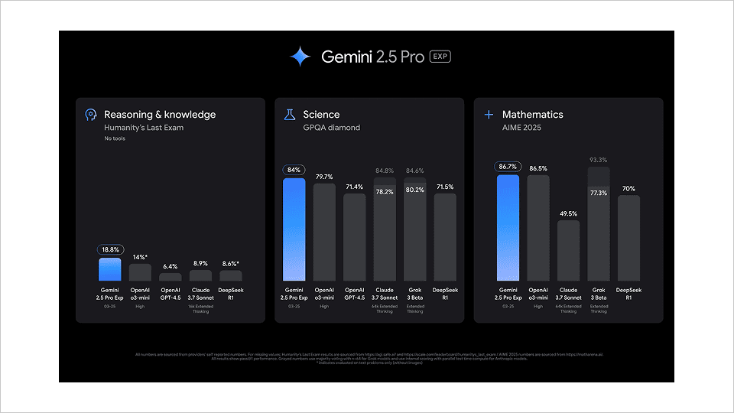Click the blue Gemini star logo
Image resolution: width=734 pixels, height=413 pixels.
[x=300, y=57]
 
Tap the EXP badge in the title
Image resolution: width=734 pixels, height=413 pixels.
[x=440, y=57]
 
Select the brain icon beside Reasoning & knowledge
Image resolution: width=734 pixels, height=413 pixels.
[x=90, y=115]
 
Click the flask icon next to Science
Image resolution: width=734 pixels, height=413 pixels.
[x=289, y=115]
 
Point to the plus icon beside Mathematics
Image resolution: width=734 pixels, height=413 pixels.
[x=489, y=115]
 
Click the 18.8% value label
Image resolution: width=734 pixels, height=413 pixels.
[x=110, y=249]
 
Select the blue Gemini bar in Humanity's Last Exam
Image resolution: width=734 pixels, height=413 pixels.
[x=110, y=269]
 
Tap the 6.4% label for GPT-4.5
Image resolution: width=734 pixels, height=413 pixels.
[x=171, y=266]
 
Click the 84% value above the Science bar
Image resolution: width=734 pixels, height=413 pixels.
[x=294, y=170]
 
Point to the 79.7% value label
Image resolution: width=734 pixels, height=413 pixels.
[x=324, y=176]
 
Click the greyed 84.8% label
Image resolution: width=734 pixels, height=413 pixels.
[x=385, y=171]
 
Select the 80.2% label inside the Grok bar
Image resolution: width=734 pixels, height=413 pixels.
[x=414, y=190]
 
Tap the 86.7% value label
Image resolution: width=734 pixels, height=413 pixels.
[x=508, y=166]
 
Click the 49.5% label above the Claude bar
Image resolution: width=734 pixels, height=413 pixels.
[x=568, y=214]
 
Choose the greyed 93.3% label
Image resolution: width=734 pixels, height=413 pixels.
[x=599, y=160]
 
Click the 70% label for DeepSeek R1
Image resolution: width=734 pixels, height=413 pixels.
[x=628, y=188]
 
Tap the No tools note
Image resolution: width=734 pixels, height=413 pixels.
[x=115, y=138]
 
